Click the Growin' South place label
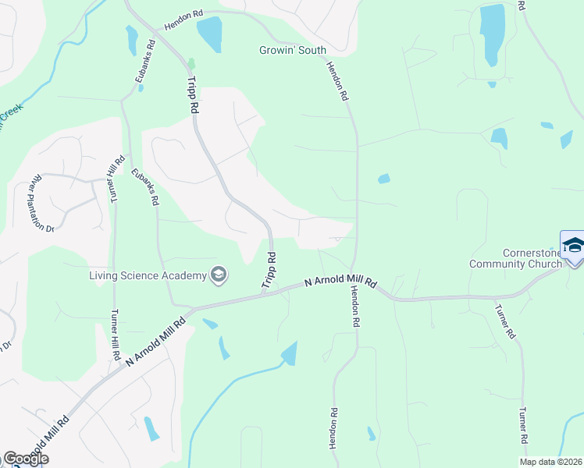point(293,50)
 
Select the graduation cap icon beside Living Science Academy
point(219,274)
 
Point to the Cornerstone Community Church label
point(515,258)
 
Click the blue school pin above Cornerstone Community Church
point(573,245)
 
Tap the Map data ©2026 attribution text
point(551,462)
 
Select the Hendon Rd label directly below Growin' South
point(337,82)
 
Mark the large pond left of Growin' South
point(209,33)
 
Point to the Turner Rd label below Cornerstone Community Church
point(504,321)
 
